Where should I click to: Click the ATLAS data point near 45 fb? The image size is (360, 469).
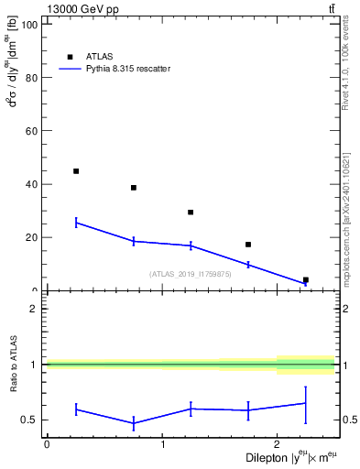tap(76, 171)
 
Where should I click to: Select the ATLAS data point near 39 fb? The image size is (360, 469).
tap(134, 188)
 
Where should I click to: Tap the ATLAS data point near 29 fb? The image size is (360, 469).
tap(191, 213)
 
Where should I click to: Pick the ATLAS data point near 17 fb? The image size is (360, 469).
tap(248, 245)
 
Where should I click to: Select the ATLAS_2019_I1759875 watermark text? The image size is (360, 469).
tap(191, 274)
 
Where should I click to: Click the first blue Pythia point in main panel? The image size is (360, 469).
tap(76, 223)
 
